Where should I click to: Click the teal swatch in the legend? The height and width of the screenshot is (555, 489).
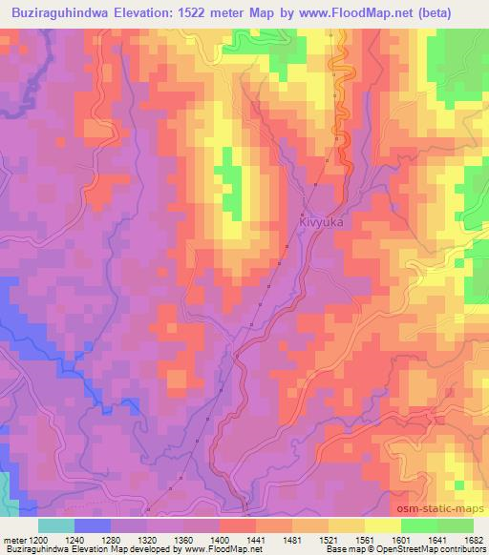point(56,524)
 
